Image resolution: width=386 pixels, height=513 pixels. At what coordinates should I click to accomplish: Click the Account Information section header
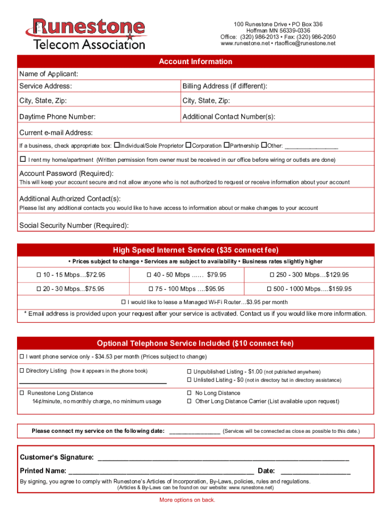(196, 62)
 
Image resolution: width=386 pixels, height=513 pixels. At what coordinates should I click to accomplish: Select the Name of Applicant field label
(49, 74)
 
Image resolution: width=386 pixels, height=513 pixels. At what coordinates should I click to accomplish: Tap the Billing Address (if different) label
(225, 86)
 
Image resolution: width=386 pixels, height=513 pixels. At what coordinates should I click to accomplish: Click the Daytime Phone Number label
(57, 117)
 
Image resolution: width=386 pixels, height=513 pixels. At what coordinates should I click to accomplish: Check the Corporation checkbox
(188, 145)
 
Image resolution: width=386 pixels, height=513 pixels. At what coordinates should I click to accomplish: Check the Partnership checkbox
(226, 145)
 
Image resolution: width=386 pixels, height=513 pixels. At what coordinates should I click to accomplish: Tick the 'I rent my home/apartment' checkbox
(23, 159)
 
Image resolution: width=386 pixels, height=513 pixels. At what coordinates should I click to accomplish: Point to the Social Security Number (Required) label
(74, 225)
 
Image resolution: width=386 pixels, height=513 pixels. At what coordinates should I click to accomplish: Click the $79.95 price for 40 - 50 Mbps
(217, 275)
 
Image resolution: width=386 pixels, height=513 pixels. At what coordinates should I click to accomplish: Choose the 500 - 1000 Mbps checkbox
(270, 289)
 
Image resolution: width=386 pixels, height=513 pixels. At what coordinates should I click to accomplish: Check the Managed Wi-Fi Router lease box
(123, 302)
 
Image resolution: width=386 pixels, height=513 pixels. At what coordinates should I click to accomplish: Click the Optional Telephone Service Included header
(196, 343)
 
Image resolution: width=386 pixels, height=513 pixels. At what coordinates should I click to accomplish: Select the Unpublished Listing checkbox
(189, 372)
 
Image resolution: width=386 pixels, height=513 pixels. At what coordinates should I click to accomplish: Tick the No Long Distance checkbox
(189, 393)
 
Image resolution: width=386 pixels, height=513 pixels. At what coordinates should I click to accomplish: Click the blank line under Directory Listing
(93, 382)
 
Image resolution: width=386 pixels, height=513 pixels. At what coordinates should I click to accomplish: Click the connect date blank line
(195, 431)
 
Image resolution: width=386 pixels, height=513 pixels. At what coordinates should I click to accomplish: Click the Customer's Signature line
(223, 458)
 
